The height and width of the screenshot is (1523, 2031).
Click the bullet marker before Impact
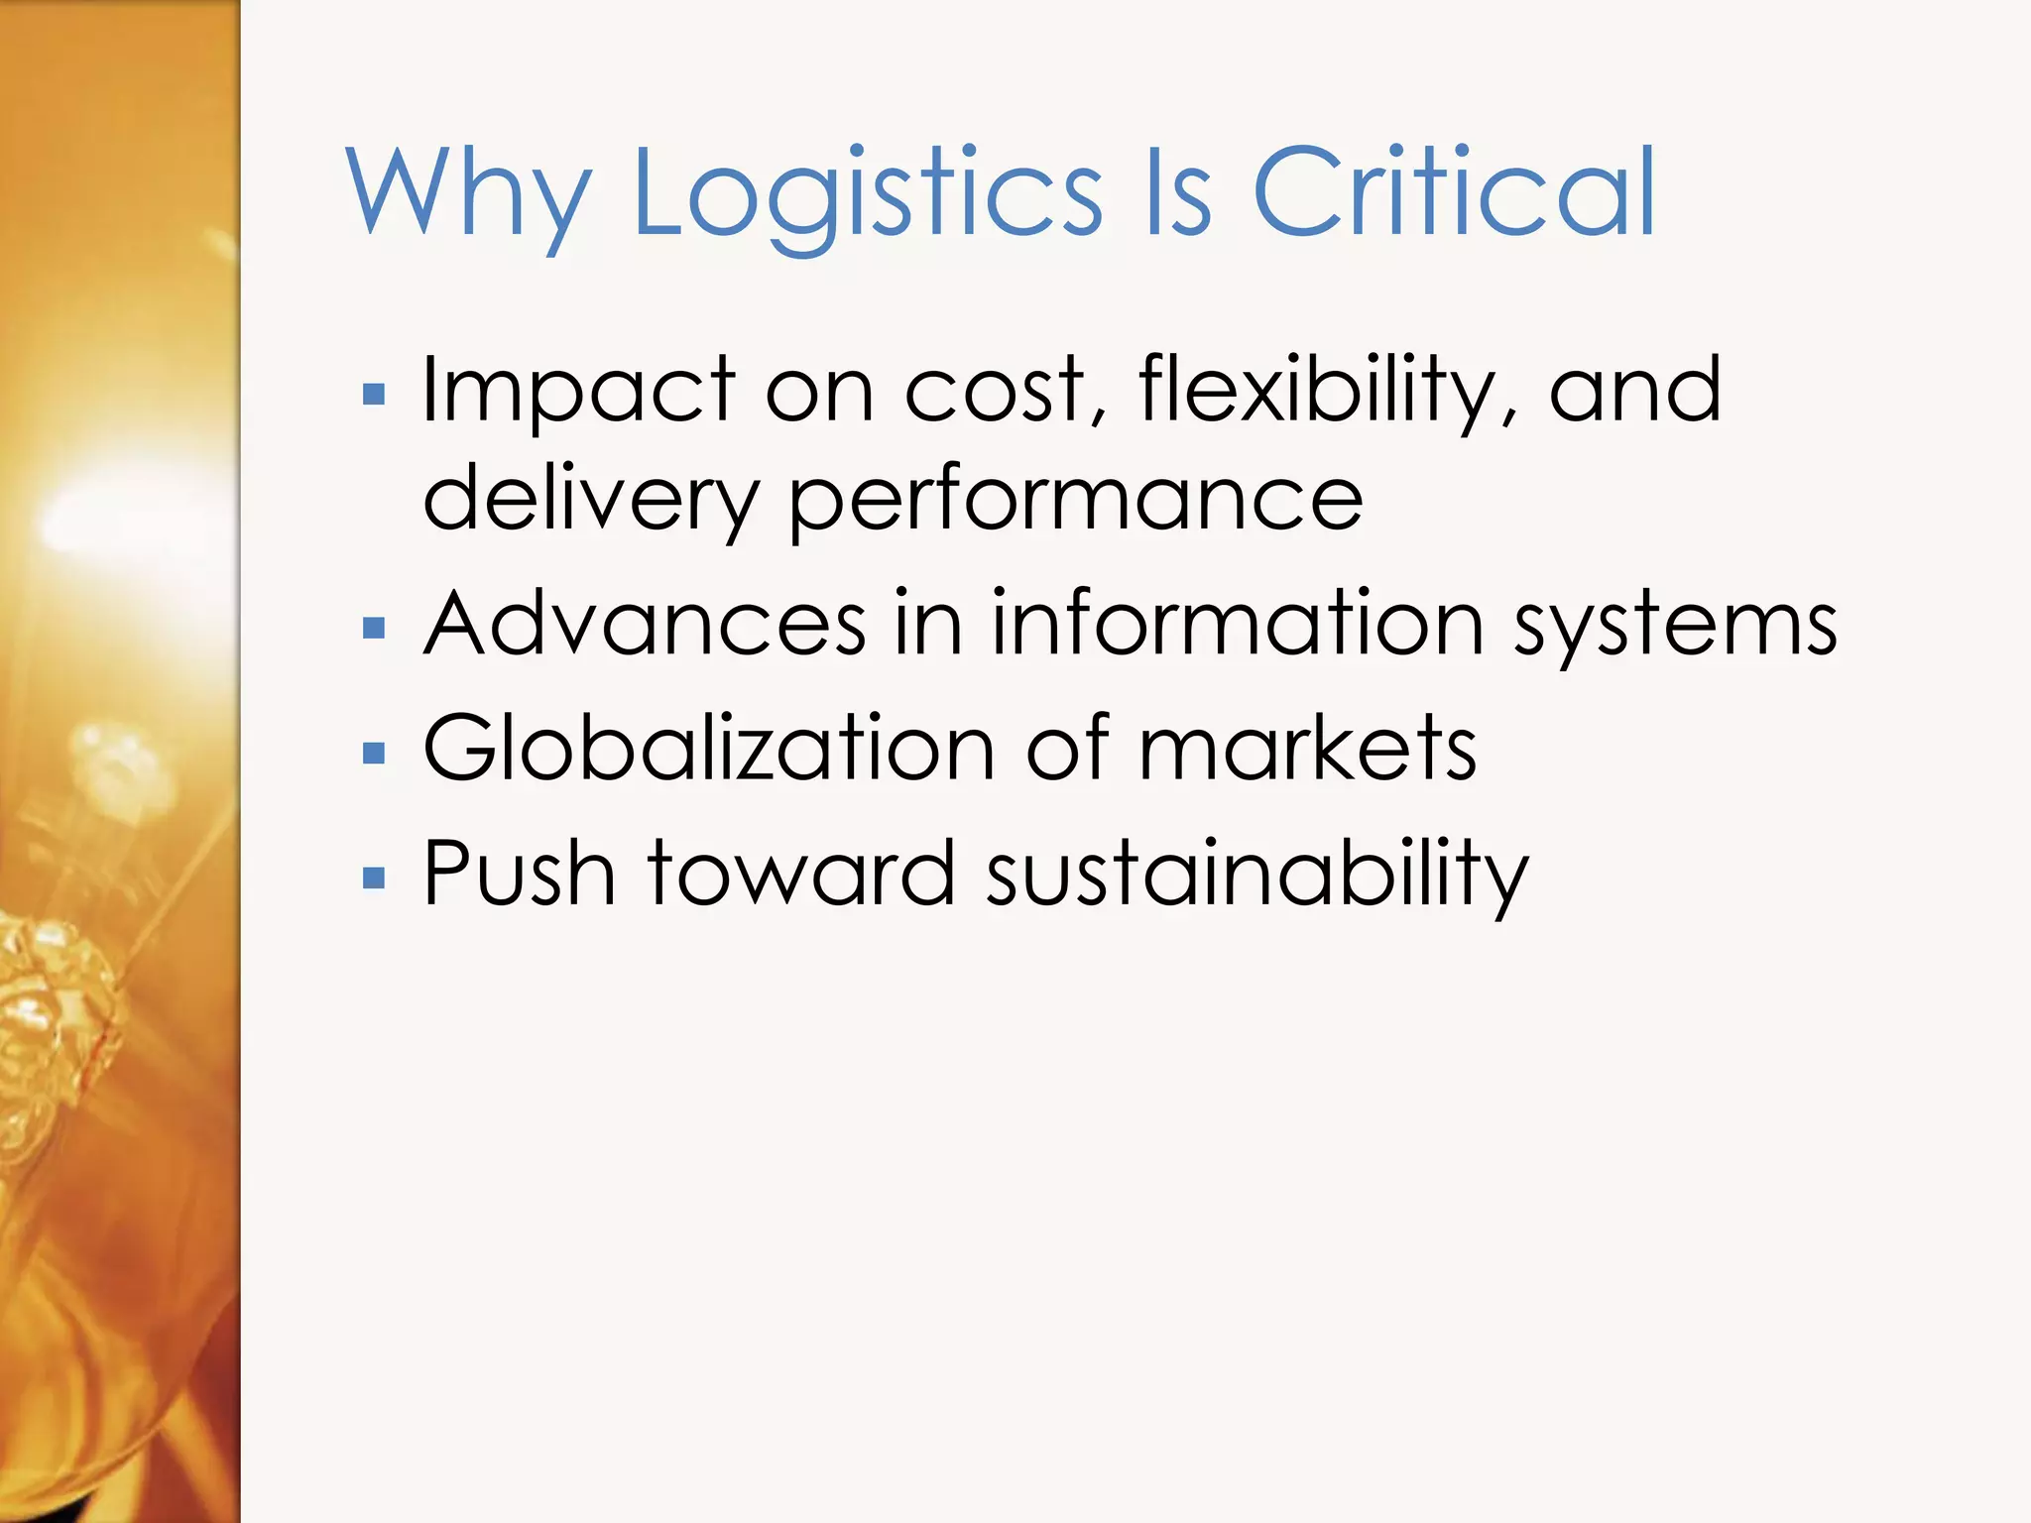pyautogui.click(x=374, y=396)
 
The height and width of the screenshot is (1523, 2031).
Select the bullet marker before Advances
pyautogui.click(x=374, y=629)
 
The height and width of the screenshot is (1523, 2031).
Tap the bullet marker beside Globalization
pyautogui.click(x=374, y=754)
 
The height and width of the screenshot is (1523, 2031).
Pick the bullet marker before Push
pyautogui.click(x=374, y=879)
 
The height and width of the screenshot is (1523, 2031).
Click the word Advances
pyautogui.click(x=645, y=625)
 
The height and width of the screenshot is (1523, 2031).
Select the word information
pyautogui.click(x=1238, y=625)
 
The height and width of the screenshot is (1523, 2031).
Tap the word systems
pyautogui.click(x=1675, y=625)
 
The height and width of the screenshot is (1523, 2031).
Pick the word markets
pyautogui.click(x=1307, y=749)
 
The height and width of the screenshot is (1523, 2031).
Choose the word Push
pyautogui.click(x=520, y=874)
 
